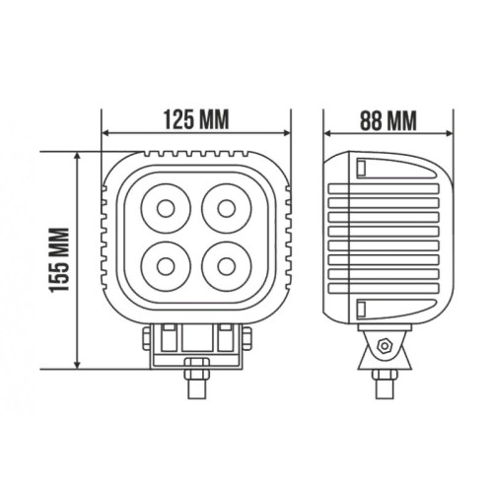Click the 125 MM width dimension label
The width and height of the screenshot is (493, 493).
pos(196,119)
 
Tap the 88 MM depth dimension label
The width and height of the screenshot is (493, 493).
pos(387,120)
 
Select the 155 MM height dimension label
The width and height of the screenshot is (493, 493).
pos(59,259)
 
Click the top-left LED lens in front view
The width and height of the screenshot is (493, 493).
pos(166,209)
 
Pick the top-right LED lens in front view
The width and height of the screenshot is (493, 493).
pos(227,209)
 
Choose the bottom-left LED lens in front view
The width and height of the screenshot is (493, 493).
pos(166,266)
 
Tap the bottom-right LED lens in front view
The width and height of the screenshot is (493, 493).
pos(227,266)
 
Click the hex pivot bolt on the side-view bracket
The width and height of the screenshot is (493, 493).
pos(384,345)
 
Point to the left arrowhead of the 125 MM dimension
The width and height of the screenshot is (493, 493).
pos(106,133)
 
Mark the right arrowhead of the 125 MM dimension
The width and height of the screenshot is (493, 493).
pos(287,133)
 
